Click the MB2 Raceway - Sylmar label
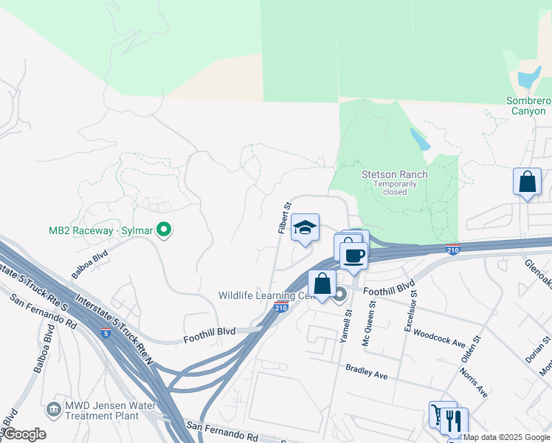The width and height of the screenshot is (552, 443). [100, 230]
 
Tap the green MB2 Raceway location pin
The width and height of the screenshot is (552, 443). [165, 230]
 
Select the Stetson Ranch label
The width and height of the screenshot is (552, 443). [394, 175]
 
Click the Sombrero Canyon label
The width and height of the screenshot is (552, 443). [528, 106]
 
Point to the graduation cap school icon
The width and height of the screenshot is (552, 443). [305, 228]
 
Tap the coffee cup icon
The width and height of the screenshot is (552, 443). [354, 256]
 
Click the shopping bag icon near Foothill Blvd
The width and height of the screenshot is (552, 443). [322, 284]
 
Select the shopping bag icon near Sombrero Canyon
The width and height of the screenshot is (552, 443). [528, 183]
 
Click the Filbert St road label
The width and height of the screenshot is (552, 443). [283, 219]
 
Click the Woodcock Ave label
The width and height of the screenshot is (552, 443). [439, 338]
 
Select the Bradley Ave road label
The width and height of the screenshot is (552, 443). [367, 371]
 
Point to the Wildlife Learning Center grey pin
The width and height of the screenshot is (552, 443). [339, 295]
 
